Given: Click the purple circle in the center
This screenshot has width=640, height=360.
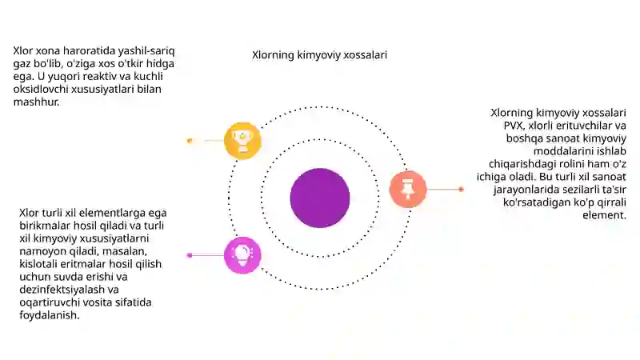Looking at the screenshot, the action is tap(320, 198).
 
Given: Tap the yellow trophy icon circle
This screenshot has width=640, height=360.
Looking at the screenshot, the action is tap(242, 141).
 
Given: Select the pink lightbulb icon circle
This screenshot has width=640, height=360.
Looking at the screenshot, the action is tap(242, 255).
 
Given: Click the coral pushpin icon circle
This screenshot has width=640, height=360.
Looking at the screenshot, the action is tap(408, 190).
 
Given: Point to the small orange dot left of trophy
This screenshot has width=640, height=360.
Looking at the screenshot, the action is tap(190, 141).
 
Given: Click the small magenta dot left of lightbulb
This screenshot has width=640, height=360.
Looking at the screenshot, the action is tap(190, 255).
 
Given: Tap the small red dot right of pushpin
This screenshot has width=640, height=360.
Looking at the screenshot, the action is tap(462, 190).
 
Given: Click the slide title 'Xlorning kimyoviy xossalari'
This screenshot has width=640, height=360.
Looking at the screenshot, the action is tap(319, 55).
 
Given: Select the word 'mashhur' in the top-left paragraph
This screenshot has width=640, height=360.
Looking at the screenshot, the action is tap(35, 102).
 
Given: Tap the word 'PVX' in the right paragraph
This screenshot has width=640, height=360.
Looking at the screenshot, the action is tap(513, 126).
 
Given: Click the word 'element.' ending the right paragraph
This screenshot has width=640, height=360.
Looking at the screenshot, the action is tap(605, 215).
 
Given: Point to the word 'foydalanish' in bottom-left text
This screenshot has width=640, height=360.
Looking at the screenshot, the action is tap(48, 315).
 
